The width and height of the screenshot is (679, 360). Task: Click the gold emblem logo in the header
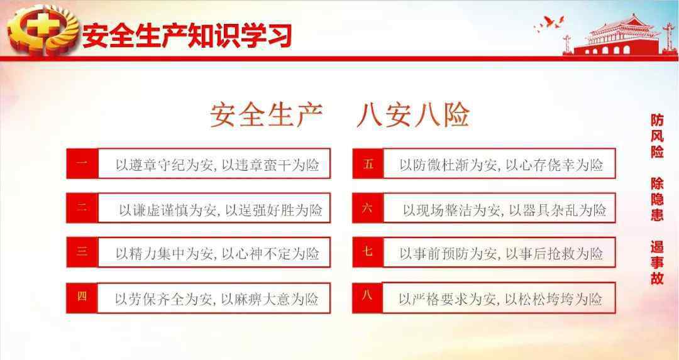pos(43,30)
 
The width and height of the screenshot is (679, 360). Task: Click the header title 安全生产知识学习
pos(187,35)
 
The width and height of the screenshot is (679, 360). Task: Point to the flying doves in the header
pos(549,23)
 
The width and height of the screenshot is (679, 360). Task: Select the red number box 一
pos(82,163)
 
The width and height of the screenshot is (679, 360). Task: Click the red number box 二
pos(82,208)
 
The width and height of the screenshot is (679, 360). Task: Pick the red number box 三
pos(82,252)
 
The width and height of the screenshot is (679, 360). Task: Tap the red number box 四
pos(82,298)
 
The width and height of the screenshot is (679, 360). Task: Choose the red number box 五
pos(368,163)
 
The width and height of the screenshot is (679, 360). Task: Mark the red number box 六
pos(368,208)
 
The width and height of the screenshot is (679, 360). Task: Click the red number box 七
pos(368,252)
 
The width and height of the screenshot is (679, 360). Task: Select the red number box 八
pos(368,298)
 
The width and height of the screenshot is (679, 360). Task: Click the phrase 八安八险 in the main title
pos(413,115)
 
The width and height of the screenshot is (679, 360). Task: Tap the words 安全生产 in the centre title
pos(267,115)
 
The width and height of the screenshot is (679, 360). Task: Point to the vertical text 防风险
pos(657,136)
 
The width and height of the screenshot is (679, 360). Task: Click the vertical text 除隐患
pos(657,199)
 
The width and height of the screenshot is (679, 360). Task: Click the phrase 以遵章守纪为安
pos(165,165)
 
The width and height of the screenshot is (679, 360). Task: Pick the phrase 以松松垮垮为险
pos(553,299)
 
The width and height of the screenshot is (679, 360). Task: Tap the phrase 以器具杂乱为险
pos(557,210)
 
